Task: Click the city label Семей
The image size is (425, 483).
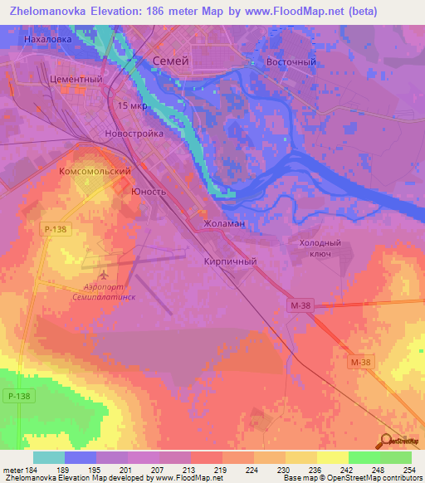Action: pyautogui.click(x=173, y=61)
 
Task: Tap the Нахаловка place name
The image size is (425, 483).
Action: pyautogui.click(x=50, y=39)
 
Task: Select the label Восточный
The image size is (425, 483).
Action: pyautogui.click(x=291, y=62)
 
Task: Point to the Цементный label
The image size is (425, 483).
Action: pyautogui.click(x=76, y=80)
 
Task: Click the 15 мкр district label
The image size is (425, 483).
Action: pyautogui.click(x=134, y=106)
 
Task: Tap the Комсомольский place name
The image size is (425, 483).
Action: pyautogui.click(x=95, y=171)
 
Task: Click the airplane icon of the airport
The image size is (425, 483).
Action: pyautogui.click(x=104, y=273)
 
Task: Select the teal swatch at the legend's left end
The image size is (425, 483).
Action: pyautogui.click(x=49, y=457)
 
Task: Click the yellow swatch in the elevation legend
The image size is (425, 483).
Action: pyautogui.click(x=332, y=457)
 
